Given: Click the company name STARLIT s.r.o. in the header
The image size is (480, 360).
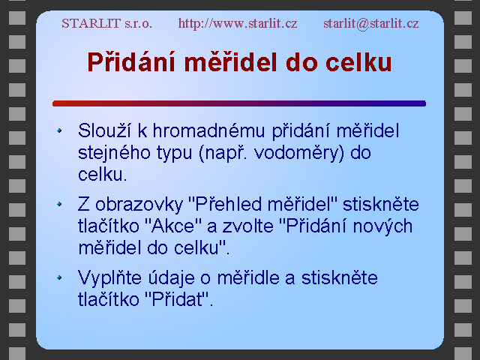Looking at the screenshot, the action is (x=106, y=23).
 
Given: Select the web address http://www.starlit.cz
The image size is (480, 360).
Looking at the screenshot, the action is (x=238, y=23).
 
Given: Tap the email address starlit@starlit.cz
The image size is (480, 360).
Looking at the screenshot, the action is (x=371, y=23).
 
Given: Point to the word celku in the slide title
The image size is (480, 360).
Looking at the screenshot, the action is (x=358, y=62).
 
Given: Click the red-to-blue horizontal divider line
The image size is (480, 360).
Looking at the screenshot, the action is (x=239, y=103).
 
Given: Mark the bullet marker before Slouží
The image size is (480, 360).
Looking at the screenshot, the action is (x=59, y=130).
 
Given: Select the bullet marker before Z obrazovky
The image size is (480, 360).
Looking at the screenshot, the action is (x=59, y=204).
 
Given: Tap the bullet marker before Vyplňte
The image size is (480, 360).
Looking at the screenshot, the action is (x=59, y=277).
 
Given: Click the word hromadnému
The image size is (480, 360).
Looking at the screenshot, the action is (x=208, y=130).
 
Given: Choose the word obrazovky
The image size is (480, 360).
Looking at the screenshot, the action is (x=139, y=204).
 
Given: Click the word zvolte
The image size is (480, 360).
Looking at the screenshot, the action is (x=248, y=226).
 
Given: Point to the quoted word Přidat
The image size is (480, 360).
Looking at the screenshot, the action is (x=177, y=299).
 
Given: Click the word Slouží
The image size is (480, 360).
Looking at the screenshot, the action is (x=104, y=130).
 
